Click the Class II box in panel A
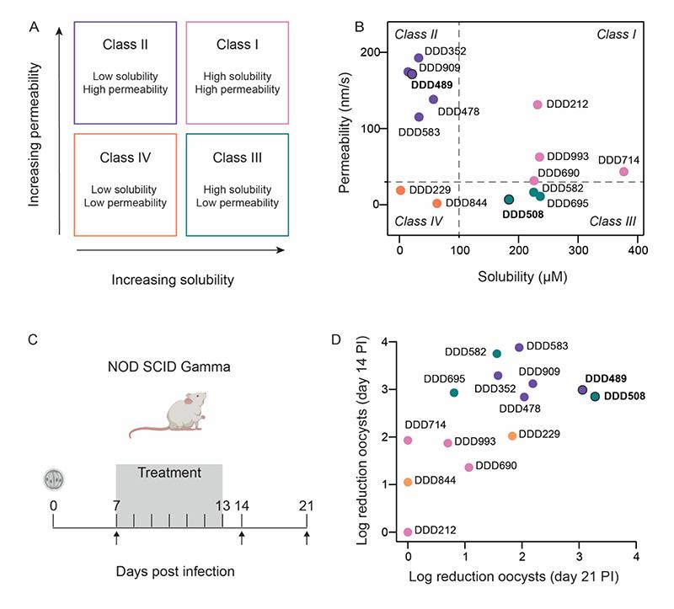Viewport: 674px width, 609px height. coord(126,71)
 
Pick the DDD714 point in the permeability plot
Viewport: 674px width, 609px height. coord(623,172)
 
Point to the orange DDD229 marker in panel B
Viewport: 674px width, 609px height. coord(401,190)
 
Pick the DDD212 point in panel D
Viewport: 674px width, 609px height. coord(408,532)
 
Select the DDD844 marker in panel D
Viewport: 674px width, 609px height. coord(408,482)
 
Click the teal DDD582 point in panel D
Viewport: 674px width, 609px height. coord(497,354)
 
